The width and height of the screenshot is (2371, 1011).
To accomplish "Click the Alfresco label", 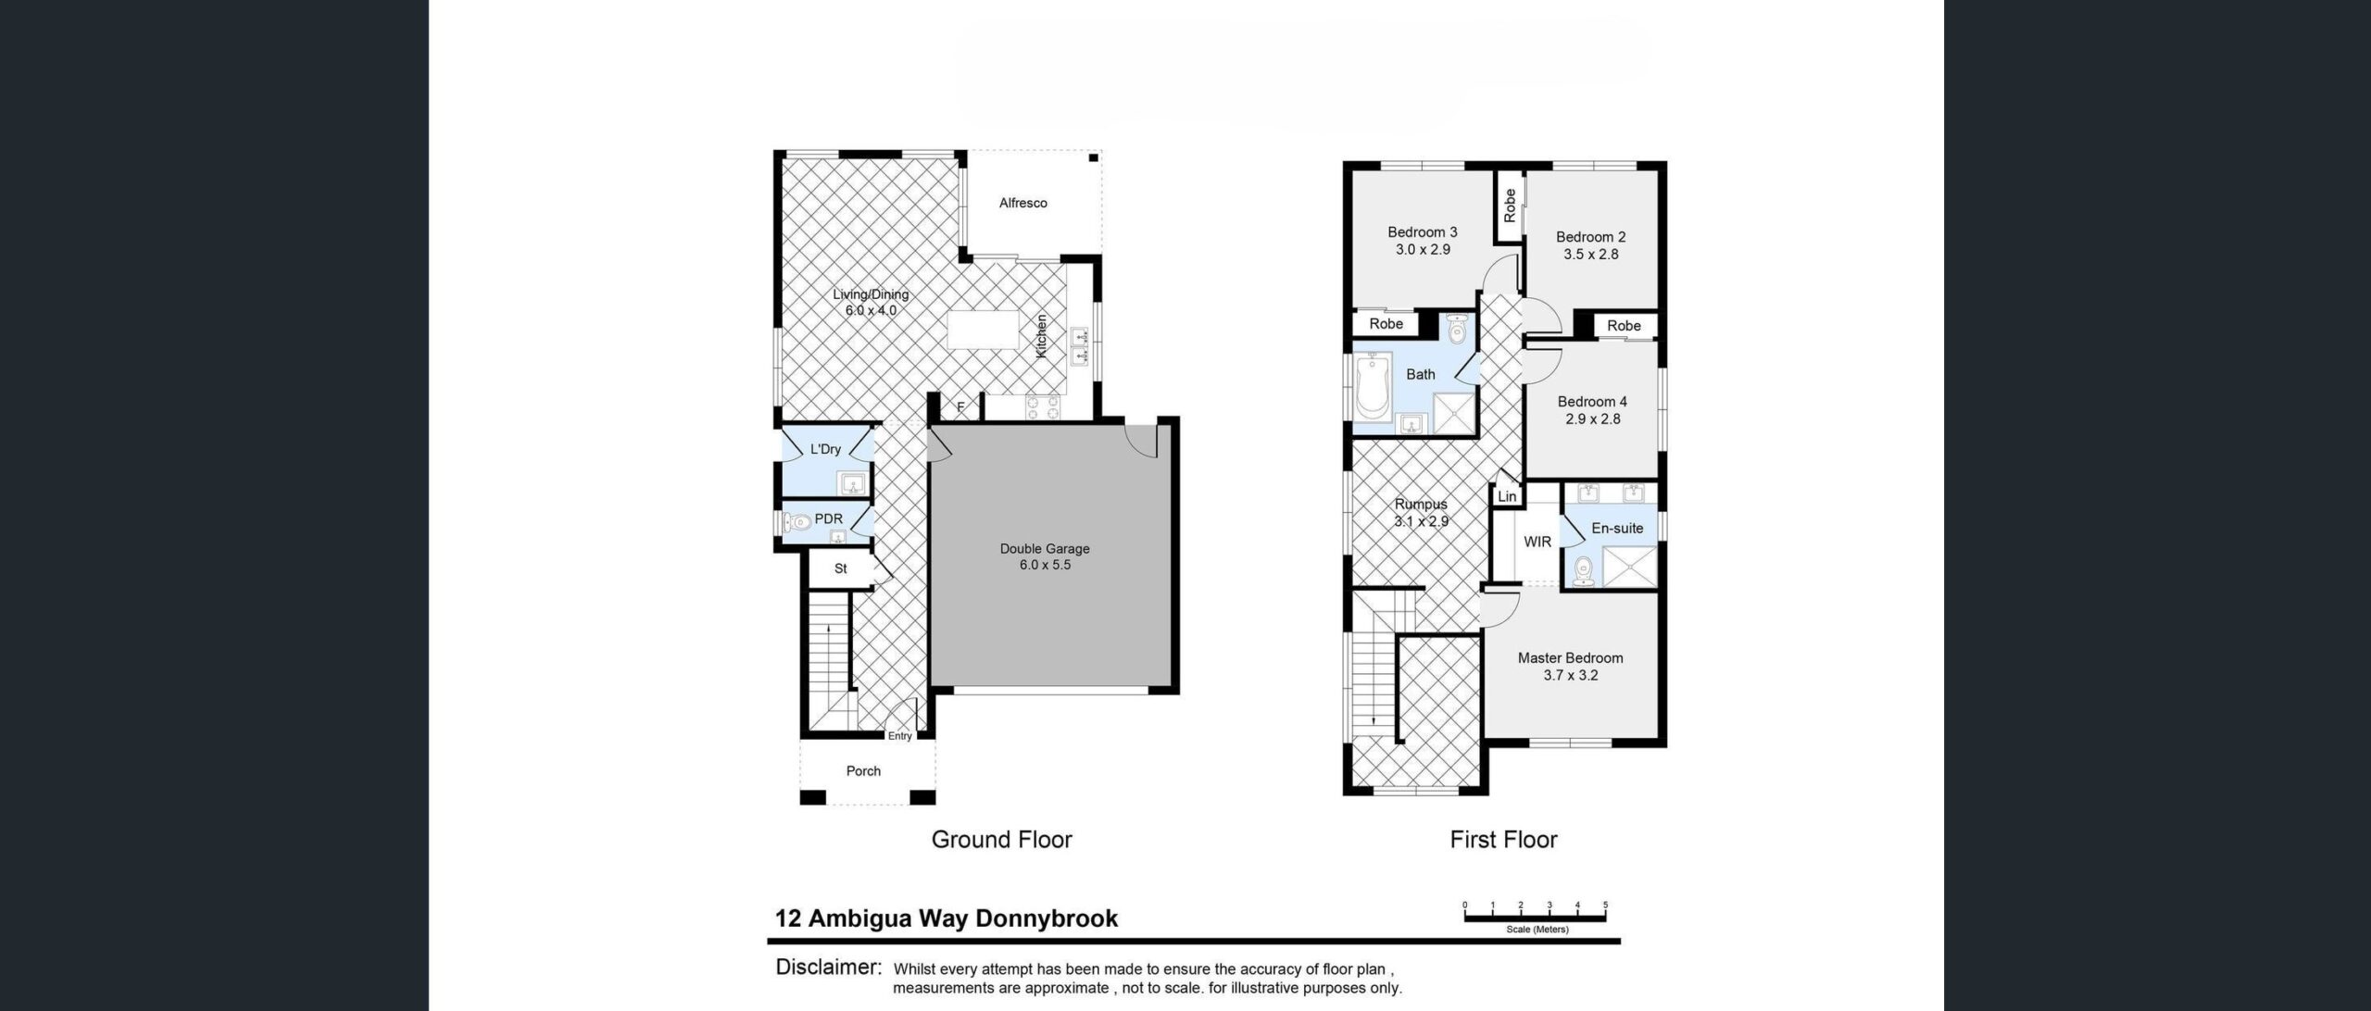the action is [1022, 203].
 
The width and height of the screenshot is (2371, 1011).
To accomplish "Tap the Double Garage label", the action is [1045, 548].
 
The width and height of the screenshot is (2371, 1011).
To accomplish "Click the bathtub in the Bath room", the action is [1373, 390].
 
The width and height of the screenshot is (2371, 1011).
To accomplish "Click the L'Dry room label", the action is [825, 449].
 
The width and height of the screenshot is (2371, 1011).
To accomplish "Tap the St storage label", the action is [840, 568].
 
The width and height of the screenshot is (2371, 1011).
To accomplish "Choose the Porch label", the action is [863, 770].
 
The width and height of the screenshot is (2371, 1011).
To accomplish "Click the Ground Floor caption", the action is [1001, 839].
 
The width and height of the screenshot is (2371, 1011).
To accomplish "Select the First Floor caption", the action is [1503, 839].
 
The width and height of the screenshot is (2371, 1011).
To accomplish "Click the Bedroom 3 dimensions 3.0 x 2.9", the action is [1423, 249].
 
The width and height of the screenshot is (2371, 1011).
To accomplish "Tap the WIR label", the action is [1537, 542].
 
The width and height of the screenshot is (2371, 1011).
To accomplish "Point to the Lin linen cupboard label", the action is [1507, 496].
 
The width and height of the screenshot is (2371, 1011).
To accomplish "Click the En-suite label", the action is [1617, 528].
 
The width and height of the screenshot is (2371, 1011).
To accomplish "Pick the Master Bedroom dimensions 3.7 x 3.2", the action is [1570, 675].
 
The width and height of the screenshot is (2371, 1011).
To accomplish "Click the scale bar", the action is [1535, 917].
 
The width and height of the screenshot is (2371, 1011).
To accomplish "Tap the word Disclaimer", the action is [827, 967].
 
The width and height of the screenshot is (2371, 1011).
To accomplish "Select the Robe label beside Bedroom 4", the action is [1624, 325].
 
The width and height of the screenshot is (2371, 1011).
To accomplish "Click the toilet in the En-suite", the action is [1583, 570].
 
